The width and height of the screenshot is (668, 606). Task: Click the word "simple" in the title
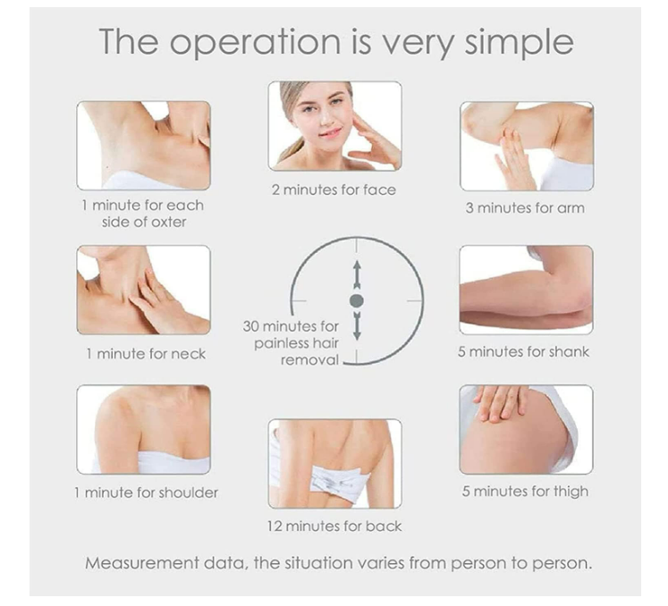[519, 43]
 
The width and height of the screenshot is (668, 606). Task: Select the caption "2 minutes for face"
[334, 190]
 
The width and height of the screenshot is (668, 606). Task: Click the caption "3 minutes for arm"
[525, 208]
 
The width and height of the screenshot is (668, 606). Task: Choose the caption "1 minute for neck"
[146, 354]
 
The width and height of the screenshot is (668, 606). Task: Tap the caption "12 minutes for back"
[334, 526]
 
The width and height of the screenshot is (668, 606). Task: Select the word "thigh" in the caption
[571, 492]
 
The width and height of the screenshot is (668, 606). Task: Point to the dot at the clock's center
[357, 300]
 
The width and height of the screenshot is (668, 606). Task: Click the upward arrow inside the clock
[357, 274]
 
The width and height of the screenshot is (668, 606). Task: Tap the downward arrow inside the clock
[357, 326]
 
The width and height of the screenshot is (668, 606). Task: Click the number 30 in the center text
[251, 326]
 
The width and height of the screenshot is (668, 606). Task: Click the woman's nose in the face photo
[326, 119]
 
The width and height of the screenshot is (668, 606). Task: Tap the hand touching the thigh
[500, 402]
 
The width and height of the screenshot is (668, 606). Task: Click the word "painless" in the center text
[281, 344]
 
